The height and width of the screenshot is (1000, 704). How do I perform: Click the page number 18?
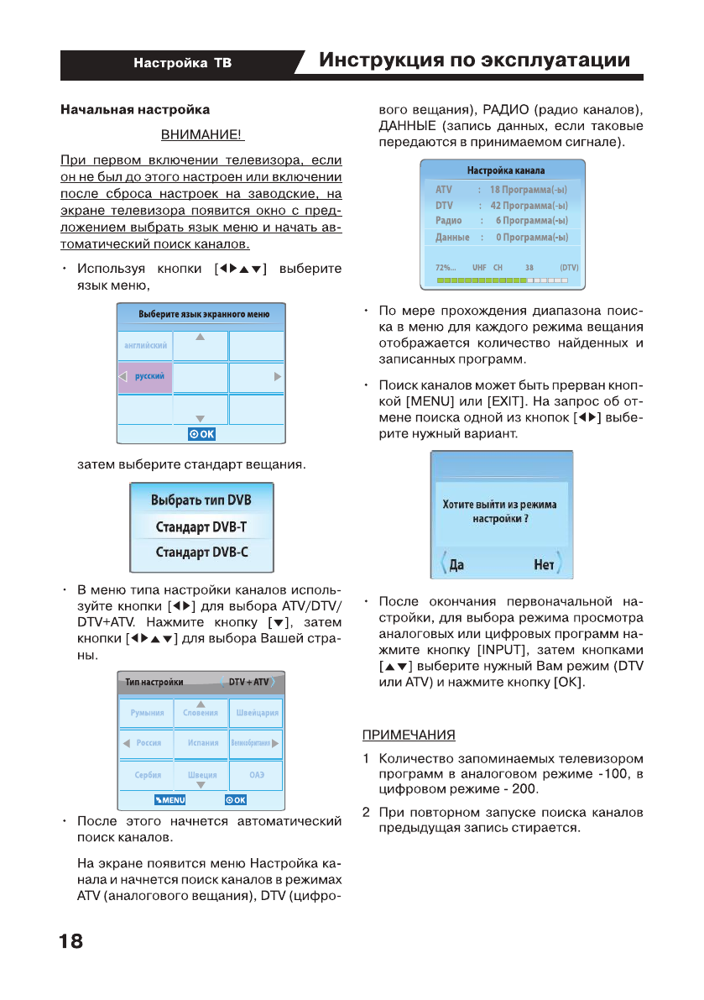pyautogui.click(x=71, y=941)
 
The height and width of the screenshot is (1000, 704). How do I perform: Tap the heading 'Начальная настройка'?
pyautogui.click(x=134, y=109)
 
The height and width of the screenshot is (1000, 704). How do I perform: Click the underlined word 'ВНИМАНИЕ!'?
pyautogui.click(x=201, y=134)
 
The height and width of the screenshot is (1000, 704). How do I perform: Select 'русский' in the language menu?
pyautogui.click(x=149, y=377)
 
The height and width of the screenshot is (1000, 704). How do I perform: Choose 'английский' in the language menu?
pyautogui.click(x=145, y=345)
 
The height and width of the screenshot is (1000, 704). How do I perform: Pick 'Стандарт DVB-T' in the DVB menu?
pyautogui.click(x=201, y=527)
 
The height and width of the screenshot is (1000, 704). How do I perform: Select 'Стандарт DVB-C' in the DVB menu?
pyautogui.click(x=201, y=552)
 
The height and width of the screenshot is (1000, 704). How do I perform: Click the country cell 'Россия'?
pyautogui.click(x=148, y=743)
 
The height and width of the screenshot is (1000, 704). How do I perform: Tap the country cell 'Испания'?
pyautogui.click(x=202, y=743)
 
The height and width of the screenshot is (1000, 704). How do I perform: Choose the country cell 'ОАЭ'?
pyautogui.click(x=257, y=775)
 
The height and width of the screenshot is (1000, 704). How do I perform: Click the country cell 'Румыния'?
pyautogui.click(x=147, y=712)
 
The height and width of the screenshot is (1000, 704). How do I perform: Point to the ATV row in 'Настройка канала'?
pyautogui.click(x=501, y=190)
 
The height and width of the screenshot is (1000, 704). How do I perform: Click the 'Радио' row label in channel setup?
pyautogui.click(x=449, y=220)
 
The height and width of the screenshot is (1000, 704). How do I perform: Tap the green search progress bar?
pyautogui.click(x=501, y=279)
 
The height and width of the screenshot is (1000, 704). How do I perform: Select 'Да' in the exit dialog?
pyautogui.click(x=456, y=565)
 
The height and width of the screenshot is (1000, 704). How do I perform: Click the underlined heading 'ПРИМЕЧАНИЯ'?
pyautogui.click(x=409, y=736)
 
